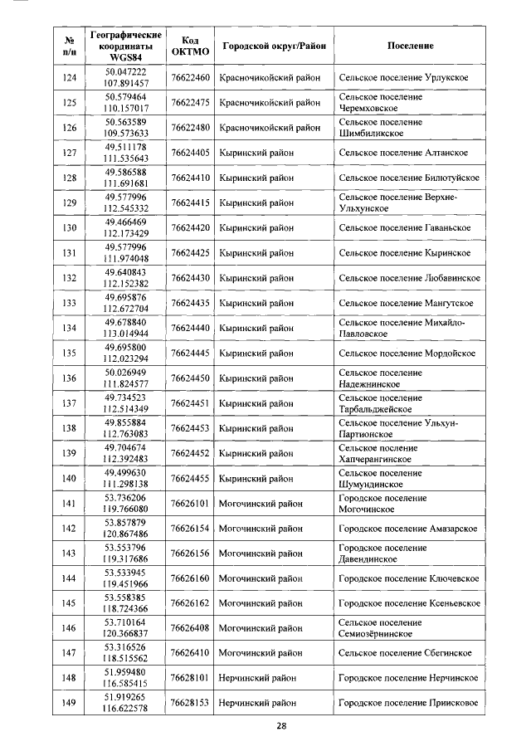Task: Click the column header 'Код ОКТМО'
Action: point(190,46)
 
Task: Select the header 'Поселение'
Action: point(410,46)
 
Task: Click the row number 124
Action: point(70,78)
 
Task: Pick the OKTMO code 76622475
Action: point(190,103)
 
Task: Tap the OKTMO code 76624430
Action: point(190,278)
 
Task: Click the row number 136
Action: point(70,378)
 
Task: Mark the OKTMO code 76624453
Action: point(190,428)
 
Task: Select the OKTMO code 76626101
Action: point(190,504)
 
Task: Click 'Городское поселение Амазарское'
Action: point(407,529)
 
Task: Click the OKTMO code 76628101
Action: point(190,679)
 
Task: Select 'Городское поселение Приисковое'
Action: point(408,704)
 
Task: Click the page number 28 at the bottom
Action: point(281,726)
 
